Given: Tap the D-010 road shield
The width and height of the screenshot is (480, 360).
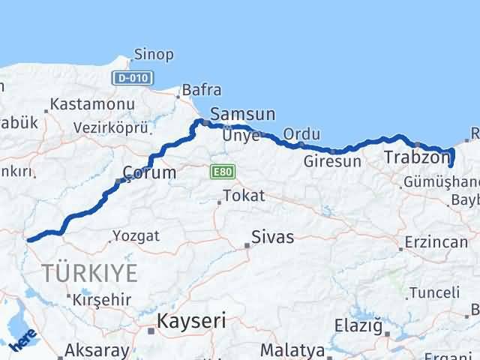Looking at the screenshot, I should point(132,77).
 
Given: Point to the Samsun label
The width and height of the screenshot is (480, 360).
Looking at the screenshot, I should point(242,115).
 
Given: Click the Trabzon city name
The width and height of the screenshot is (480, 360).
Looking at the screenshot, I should point(415,157).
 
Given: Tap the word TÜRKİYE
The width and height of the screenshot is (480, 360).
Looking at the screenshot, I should point(89,273).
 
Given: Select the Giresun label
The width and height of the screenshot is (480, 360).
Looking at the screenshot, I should point(333,161).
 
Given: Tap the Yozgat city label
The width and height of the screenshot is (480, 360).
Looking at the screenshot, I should point(135,236).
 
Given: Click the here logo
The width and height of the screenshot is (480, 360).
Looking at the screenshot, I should point(22,342).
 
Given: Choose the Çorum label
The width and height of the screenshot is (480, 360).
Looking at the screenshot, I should point(150,173).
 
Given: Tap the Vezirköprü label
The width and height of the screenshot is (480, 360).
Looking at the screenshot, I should point(109,128).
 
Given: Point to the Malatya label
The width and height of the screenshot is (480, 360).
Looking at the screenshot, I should point(292,350).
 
